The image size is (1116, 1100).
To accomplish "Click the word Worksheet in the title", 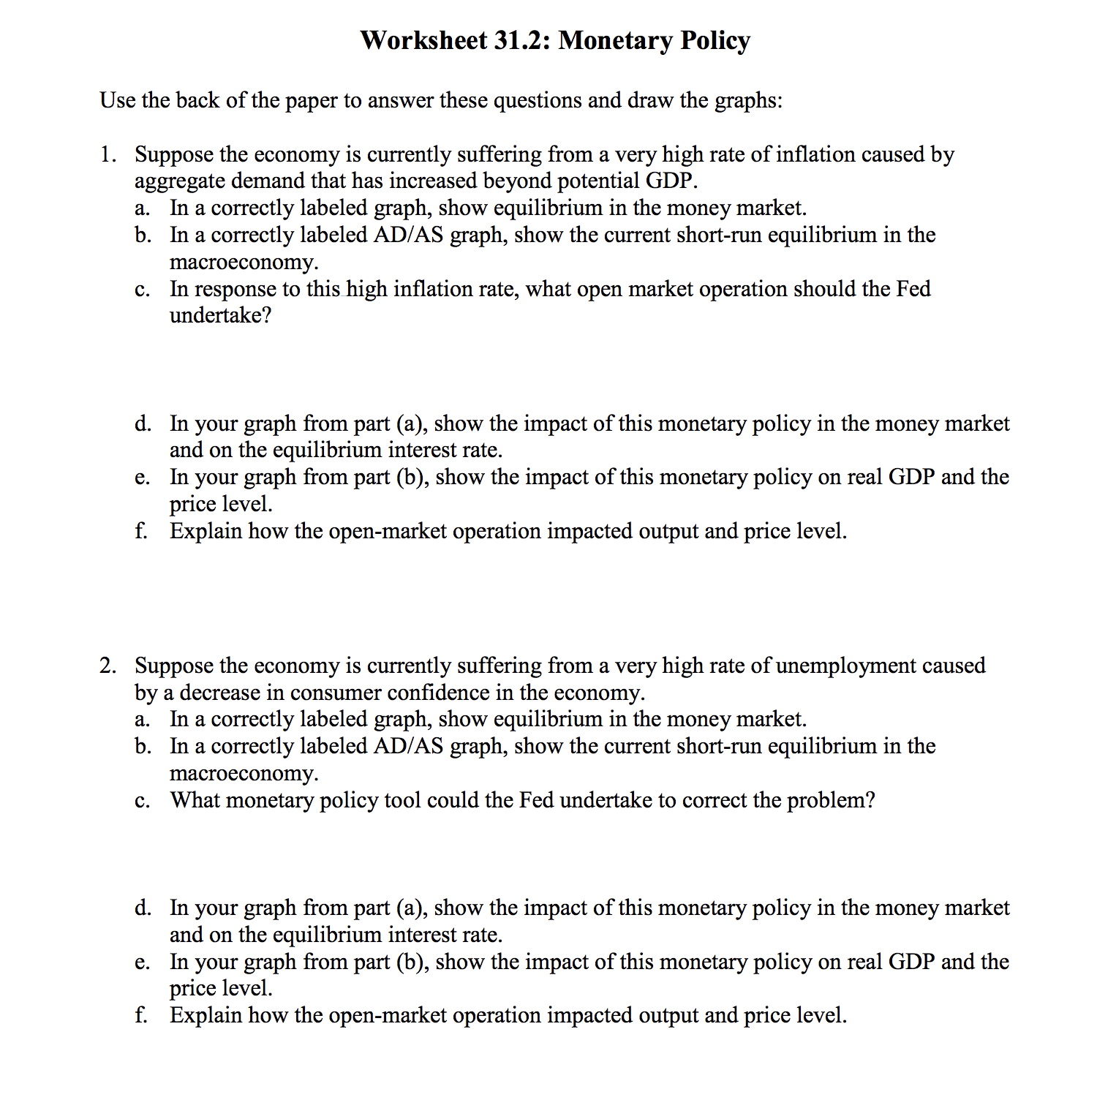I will point(423,40).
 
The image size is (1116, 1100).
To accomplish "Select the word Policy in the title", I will point(715,40).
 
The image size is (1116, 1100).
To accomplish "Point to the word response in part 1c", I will point(235,290).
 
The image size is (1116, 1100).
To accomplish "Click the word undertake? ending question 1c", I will point(220,316).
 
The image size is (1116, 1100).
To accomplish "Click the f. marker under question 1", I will point(141,531).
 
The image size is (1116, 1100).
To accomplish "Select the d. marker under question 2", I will point(143,908).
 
